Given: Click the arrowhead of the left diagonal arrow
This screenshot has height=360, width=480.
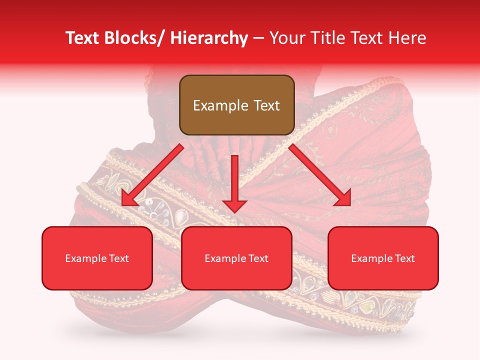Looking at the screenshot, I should point(129,199).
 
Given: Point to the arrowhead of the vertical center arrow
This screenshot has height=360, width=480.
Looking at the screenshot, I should point(235,205).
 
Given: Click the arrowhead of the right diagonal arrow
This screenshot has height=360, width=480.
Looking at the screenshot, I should point(344,199).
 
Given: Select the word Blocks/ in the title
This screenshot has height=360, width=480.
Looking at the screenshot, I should point(132,38).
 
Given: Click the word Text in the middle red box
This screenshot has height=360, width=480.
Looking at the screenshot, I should point(258,258).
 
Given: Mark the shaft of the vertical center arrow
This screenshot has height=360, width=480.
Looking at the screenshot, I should point(235,175).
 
